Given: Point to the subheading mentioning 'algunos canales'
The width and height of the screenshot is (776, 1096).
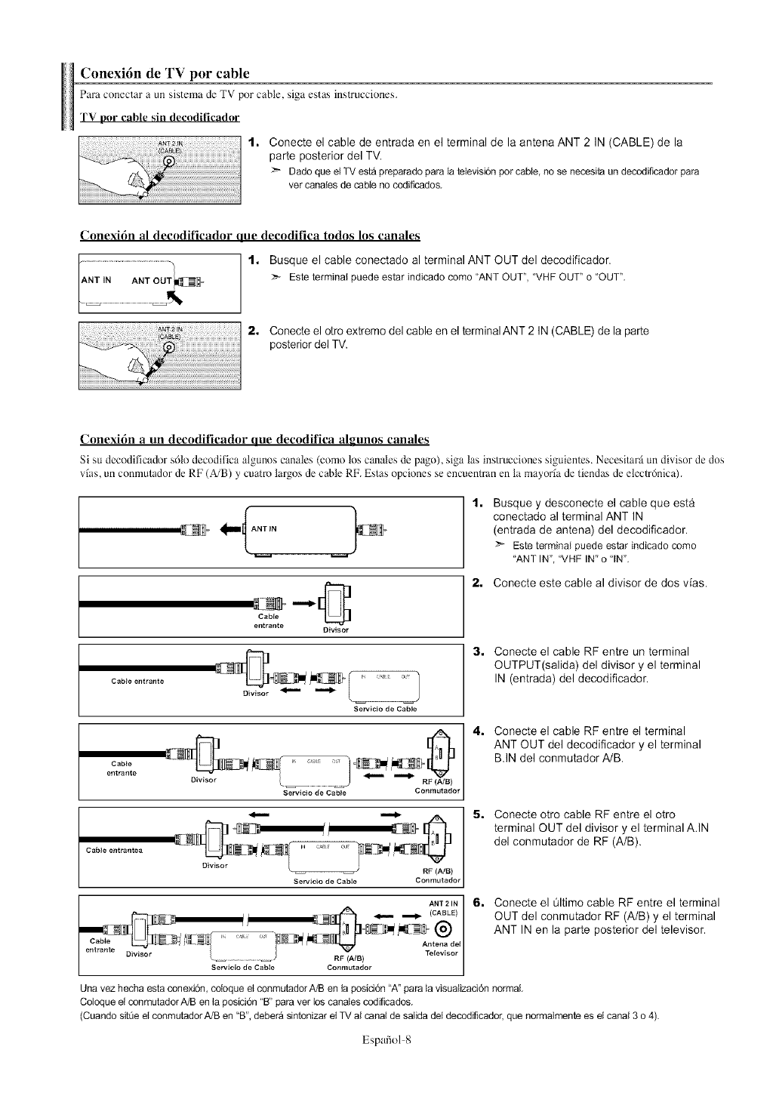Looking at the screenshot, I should pyautogui.click(x=254, y=440).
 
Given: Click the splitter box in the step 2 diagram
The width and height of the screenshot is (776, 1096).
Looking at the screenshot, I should pyautogui.click(x=332, y=603).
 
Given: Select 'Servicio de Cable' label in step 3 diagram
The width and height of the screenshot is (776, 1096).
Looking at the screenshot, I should pyautogui.click(x=385, y=710).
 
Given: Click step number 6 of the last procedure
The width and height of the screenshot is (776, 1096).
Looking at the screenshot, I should pyautogui.click(x=477, y=903).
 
